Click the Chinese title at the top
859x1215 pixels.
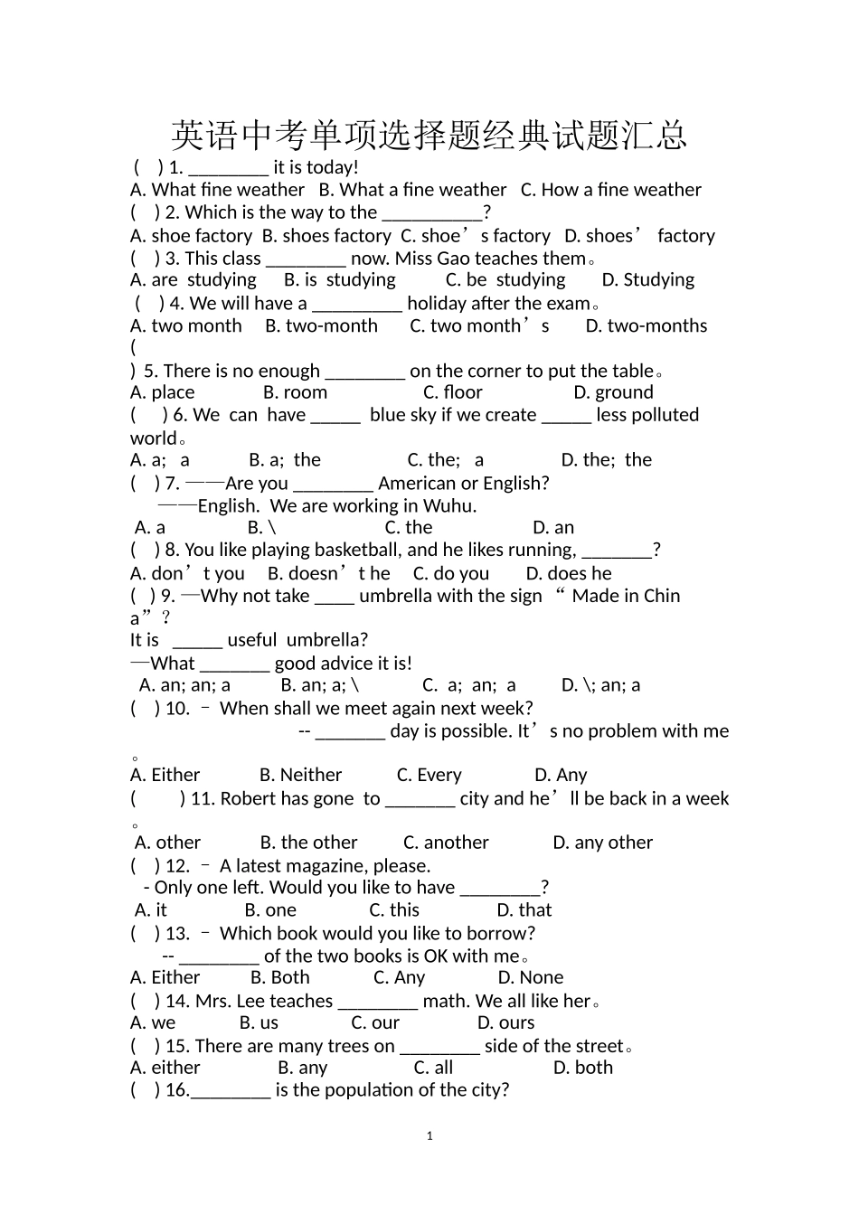(x=429, y=136)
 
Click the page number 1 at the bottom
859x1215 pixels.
(x=429, y=1136)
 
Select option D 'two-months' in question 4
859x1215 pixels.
(x=647, y=326)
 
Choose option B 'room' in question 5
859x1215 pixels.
(x=296, y=392)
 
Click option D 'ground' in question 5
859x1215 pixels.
(x=613, y=392)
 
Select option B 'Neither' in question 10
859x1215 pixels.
(x=300, y=776)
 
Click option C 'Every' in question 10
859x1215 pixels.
(x=429, y=776)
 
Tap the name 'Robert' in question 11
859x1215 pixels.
(x=249, y=799)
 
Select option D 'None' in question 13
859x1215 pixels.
(x=531, y=978)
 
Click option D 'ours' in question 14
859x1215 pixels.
(x=506, y=1023)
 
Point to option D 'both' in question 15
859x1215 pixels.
(x=583, y=1068)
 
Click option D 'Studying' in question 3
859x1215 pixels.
(x=648, y=280)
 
